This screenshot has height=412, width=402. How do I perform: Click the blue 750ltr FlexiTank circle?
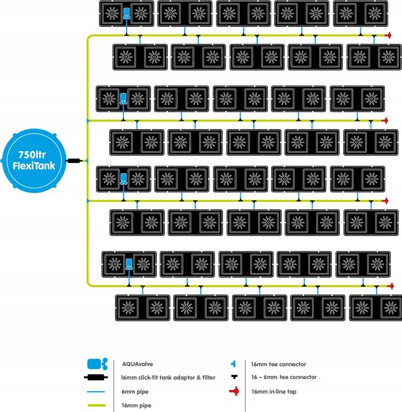click(x=37, y=160)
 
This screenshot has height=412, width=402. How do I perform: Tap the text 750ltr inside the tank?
click(x=37, y=154)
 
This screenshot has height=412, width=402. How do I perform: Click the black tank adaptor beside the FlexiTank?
click(x=75, y=161)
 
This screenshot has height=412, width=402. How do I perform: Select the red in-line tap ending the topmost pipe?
click(x=388, y=36)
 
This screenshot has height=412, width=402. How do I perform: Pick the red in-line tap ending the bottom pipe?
click(x=390, y=286)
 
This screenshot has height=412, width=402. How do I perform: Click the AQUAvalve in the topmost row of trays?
click(x=127, y=14)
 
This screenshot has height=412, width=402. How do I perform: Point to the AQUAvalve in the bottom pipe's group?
click(x=129, y=264)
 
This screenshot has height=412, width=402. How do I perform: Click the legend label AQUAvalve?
click(x=138, y=364)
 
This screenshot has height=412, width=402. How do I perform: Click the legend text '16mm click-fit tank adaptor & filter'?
click(x=168, y=377)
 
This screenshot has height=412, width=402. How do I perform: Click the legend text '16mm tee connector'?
click(x=278, y=364)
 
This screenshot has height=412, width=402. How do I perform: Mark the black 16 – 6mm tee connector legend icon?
click(x=234, y=377)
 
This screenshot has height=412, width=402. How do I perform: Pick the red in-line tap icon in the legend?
click(x=234, y=391)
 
